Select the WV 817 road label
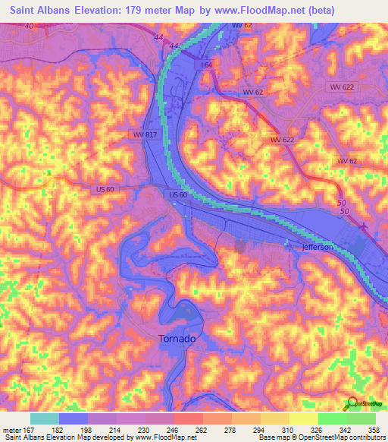tap(142, 134)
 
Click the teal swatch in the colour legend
tap(45, 418)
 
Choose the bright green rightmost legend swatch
tap(361, 418)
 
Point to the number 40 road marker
tap(30, 27)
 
